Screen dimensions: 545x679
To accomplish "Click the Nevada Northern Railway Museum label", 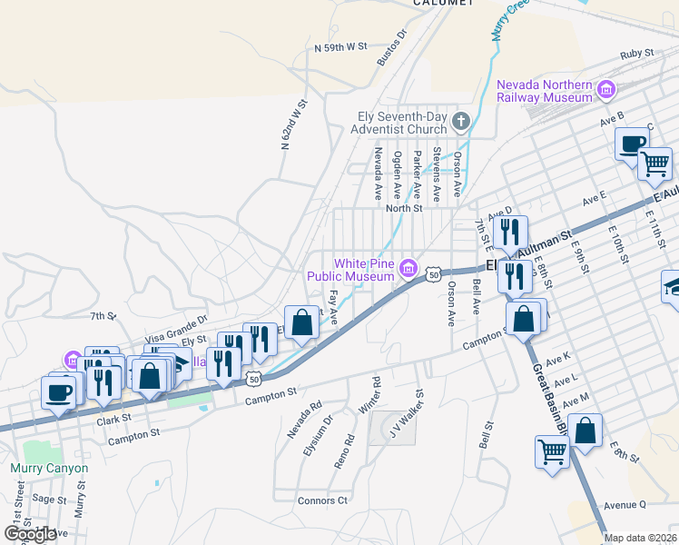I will click(x=544, y=91).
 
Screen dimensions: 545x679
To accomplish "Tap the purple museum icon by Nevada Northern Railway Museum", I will click(x=605, y=90).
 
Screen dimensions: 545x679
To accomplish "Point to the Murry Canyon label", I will click(x=49, y=469).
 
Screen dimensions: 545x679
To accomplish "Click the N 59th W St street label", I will click(x=340, y=46).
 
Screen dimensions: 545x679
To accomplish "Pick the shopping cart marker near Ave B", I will click(x=654, y=163).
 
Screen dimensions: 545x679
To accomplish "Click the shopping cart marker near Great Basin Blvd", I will click(x=552, y=451).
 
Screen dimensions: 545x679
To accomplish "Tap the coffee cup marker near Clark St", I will click(x=59, y=392).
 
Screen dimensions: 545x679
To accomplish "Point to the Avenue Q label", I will click(x=625, y=505).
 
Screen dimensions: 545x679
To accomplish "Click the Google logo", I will click(x=30, y=533).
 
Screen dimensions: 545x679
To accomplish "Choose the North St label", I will click(x=404, y=208).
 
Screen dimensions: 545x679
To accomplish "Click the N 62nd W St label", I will click(x=294, y=125).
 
